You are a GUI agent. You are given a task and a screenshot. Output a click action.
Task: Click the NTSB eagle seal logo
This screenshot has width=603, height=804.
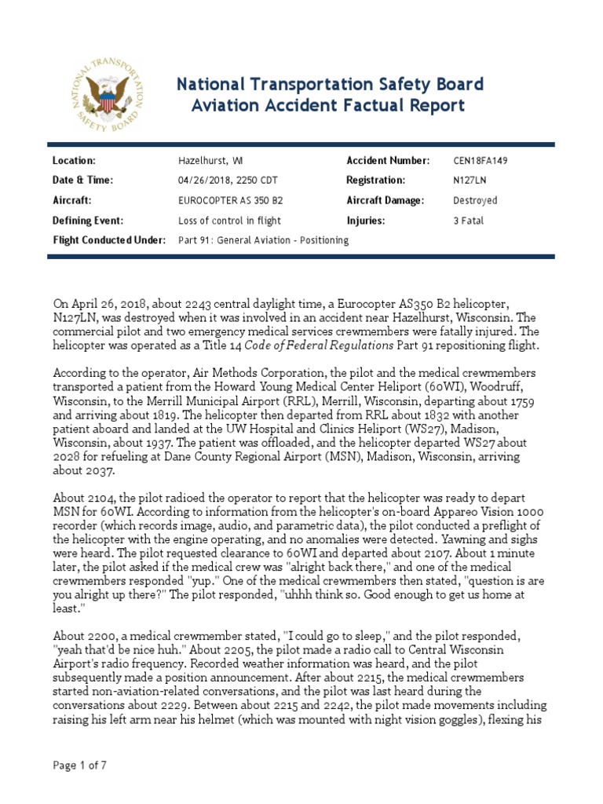point(104,95)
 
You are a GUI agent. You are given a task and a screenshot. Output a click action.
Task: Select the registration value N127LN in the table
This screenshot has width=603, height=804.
point(470,181)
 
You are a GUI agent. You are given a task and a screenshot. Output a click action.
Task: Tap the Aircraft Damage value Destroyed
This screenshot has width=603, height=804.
point(475,201)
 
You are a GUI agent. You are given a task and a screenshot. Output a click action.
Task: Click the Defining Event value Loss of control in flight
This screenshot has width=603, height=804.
point(229,221)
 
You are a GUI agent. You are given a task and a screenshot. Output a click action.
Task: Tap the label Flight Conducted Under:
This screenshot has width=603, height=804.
point(108,241)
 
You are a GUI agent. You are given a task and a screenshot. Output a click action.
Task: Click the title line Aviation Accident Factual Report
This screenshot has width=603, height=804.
point(329,106)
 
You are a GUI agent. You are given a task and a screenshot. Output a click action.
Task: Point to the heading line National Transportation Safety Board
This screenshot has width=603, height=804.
point(329,84)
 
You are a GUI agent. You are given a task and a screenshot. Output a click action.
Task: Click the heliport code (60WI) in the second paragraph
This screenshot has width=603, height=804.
point(420,387)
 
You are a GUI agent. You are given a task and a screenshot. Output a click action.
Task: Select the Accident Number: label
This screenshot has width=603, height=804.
point(389,161)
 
